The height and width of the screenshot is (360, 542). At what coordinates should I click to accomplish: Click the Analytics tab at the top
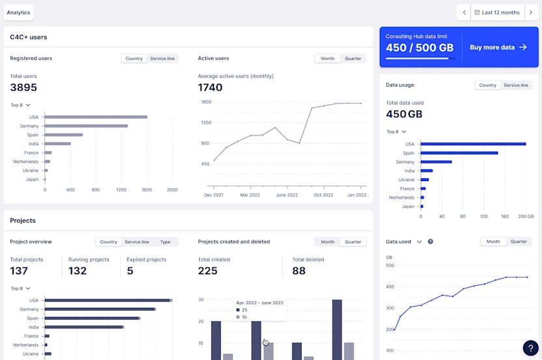(x=18, y=12)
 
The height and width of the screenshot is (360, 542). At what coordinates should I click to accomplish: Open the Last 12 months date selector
(x=497, y=12)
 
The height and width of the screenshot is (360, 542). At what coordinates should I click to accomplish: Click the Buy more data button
(x=498, y=48)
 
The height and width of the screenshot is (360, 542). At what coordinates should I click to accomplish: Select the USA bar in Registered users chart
(x=96, y=117)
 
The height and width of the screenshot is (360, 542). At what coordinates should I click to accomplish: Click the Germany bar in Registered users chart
(x=86, y=126)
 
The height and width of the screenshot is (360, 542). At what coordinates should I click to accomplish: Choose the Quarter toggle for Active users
(x=354, y=59)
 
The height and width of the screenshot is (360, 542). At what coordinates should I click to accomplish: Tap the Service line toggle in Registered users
(x=162, y=59)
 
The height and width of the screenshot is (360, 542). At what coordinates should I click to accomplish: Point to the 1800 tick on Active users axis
(x=206, y=102)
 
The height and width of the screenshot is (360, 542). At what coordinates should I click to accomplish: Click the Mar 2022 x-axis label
(x=250, y=195)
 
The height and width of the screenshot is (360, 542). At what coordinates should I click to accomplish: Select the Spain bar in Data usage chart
(x=459, y=153)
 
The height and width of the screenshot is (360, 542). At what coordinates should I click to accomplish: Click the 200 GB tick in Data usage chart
(x=526, y=215)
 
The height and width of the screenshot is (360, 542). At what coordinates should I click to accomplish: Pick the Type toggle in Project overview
(x=165, y=242)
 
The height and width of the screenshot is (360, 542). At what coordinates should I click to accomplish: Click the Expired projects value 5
(x=130, y=271)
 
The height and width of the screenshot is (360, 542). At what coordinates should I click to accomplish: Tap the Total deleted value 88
(x=299, y=271)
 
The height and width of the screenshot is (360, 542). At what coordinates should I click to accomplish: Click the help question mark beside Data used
(x=430, y=242)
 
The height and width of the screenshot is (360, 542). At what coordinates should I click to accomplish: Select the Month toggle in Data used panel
(x=493, y=242)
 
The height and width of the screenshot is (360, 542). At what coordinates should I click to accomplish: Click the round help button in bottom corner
(x=531, y=348)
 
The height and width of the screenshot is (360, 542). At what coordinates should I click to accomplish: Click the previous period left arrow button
(x=463, y=12)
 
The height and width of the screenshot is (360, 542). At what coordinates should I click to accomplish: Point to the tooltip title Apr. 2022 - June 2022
(x=260, y=303)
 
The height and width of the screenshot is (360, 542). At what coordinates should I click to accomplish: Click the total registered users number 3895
(x=23, y=87)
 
